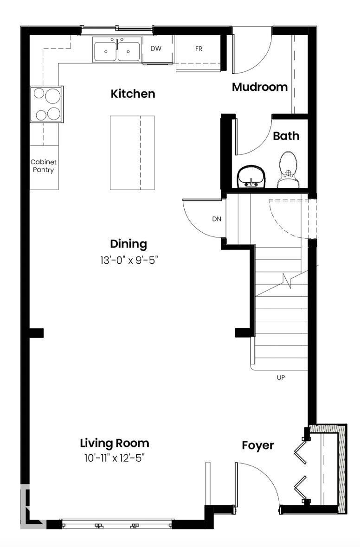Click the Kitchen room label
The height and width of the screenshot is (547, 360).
pyautogui.click(x=133, y=94)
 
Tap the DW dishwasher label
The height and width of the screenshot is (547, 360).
pyautogui.click(x=155, y=48)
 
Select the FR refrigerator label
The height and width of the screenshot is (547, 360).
pyautogui.click(x=199, y=49)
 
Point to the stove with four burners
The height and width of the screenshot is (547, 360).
pyautogui.click(x=47, y=104)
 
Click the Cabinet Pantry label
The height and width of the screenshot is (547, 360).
pyautogui.click(x=43, y=166)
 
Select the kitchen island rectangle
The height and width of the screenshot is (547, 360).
pyautogui.click(x=132, y=153)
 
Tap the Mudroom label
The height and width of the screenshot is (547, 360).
pyautogui.click(x=260, y=87)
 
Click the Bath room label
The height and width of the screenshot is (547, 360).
pyautogui.click(x=286, y=136)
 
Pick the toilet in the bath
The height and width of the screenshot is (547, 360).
pyautogui.click(x=288, y=171)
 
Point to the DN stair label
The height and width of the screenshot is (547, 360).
pyautogui.click(x=217, y=219)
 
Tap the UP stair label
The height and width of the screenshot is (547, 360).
pyautogui.click(x=281, y=378)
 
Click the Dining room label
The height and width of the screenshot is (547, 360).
pyautogui.click(x=129, y=244)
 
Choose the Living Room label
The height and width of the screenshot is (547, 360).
pyautogui.click(x=115, y=443)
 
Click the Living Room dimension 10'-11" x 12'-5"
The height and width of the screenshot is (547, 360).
pyautogui.click(x=115, y=458)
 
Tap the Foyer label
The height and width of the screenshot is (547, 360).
pyautogui.click(x=258, y=446)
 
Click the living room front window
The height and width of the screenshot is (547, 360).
pyautogui.click(x=117, y=525)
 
